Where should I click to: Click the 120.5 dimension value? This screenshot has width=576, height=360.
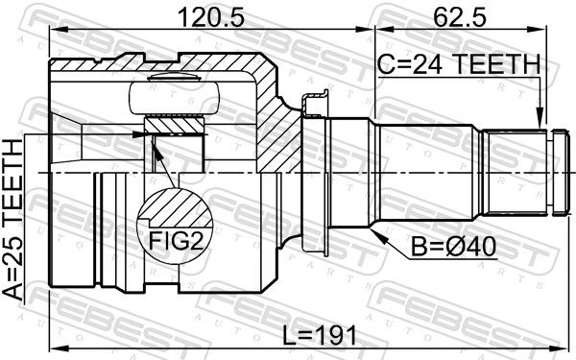tap(210, 17)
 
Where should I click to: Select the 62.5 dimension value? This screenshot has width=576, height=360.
tap(460, 17)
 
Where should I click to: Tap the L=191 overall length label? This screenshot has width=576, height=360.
tap(320, 335)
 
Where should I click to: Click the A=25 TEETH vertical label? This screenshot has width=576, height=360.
tap(13, 220)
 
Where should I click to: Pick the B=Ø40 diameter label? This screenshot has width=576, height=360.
tap(453, 247)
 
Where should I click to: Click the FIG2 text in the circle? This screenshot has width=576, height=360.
tap(176, 240)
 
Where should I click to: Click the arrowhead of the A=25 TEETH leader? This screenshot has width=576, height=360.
tap(141, 134)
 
